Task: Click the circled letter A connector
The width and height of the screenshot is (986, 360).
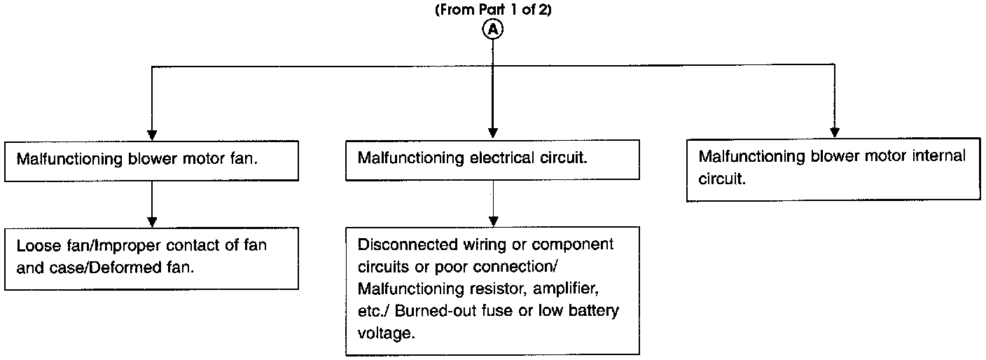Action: coord(492,29)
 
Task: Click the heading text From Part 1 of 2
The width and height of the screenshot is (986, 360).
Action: coord(493,10)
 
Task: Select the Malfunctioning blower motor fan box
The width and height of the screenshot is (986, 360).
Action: coord(151,160)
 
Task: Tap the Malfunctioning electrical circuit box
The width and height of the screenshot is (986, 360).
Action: coord(492,160)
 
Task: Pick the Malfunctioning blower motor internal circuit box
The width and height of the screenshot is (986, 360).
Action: coord(834,169)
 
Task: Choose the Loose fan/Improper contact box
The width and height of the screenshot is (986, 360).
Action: coord(151,258)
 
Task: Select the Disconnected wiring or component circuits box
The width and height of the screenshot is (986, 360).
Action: coord(492,291)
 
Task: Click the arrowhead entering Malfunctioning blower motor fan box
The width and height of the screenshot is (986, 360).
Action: coord(152,135)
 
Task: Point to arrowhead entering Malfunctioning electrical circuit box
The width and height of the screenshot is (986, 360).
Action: coord(493,133)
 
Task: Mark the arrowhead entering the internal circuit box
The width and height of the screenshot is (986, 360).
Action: coord(835,132)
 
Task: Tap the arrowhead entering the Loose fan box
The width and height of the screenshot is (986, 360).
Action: coord(152,222)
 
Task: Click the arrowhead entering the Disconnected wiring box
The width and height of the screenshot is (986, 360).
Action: coord(494,221)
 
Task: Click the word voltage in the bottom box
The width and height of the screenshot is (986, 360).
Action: coord(386,333)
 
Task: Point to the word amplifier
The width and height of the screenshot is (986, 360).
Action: coord(566,289)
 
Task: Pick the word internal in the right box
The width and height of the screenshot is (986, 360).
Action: coord(938,155)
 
